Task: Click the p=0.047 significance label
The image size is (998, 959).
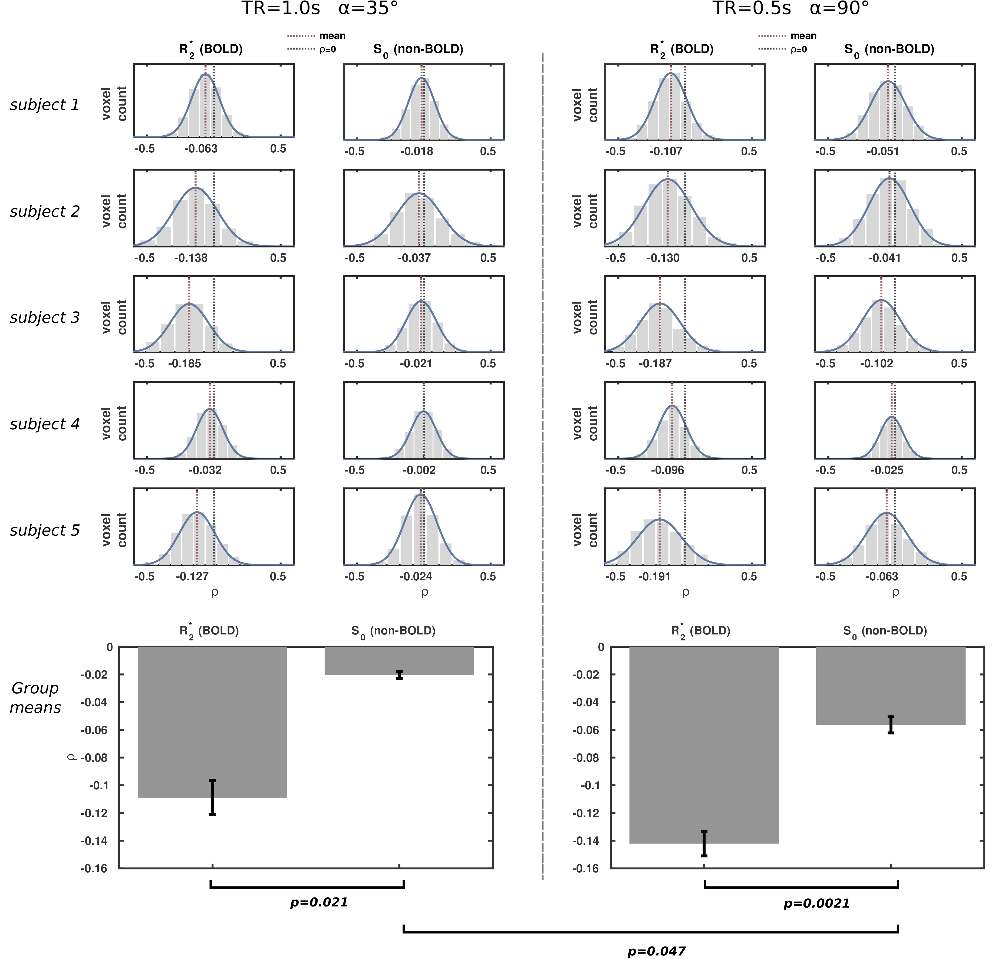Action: click(656, 951)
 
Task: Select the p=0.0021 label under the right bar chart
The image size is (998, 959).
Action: click(816, 904)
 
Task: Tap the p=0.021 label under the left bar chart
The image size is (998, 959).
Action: click(319, 902)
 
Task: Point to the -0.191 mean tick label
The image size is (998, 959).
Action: click(654, 577)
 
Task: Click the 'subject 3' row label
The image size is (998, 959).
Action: click(45, 318)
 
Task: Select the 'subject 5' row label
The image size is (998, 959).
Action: click(45, 531)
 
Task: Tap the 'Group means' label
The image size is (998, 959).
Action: click(36, 698)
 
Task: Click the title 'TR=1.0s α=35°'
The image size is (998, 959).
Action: click(319, 9)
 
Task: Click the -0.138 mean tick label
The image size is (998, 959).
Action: click(191, 258)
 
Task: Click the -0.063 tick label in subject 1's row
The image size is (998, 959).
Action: click(201, 149)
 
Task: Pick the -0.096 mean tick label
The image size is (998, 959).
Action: click(667, 470)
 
